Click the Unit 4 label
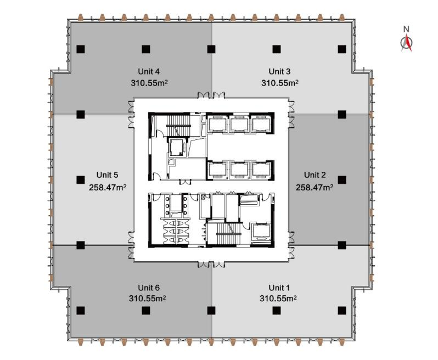(149, 71)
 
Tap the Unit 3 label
(279, 71)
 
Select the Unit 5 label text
(107, 175)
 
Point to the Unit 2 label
(315, 175)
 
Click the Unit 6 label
(149, 288)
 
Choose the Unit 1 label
(279, 288)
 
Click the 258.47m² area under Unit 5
(108, 187)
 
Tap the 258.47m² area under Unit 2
(315, 187)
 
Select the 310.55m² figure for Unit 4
(149, 83)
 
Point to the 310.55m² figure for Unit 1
(278, 299)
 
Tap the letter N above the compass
(406, 29)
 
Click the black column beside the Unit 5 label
(81, 180)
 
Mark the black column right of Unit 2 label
(342, 180)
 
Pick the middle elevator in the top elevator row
(239, 123)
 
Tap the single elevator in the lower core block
(261, 232)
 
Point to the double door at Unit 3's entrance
(218, 95)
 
